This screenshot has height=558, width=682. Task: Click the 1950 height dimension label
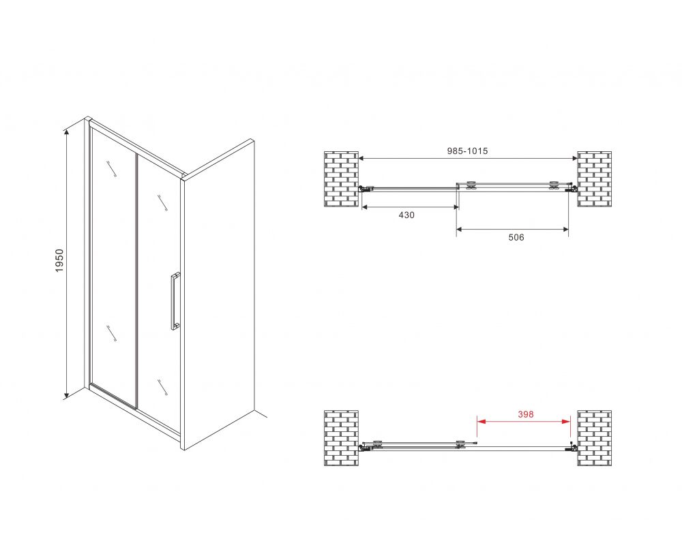(x=59, y=261)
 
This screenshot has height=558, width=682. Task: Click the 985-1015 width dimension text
(x=468, y=151)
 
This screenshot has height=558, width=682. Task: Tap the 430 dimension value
(x=406, y=215)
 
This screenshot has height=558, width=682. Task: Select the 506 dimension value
(x=516, y=237)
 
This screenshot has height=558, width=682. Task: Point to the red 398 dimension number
(x=525, y=414)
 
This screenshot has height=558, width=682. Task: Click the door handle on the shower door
(x=175, y=301)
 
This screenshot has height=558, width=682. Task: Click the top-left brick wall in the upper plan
(x=342, y=179)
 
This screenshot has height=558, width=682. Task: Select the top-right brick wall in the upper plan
(x=594, y=179)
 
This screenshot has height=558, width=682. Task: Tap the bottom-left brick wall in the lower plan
(x=342, y=438)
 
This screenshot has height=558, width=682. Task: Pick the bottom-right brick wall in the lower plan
(x=594, y=438)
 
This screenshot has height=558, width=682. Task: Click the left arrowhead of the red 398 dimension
(x=481, y=421)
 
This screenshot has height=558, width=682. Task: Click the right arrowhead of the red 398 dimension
(x=566, y=421)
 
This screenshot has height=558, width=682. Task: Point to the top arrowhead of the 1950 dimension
(x=66, y=133)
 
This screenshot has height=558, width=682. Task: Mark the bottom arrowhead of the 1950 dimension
(x=66, y=394)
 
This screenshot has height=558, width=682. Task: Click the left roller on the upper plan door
(x=470, y=185)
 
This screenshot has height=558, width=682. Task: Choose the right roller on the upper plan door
(x=554, y=185)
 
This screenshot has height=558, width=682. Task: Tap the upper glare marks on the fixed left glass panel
(x=111, y=169)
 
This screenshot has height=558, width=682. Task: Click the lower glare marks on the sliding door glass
(x=163, y=387)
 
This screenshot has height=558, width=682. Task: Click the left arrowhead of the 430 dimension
(x=366, y=207)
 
